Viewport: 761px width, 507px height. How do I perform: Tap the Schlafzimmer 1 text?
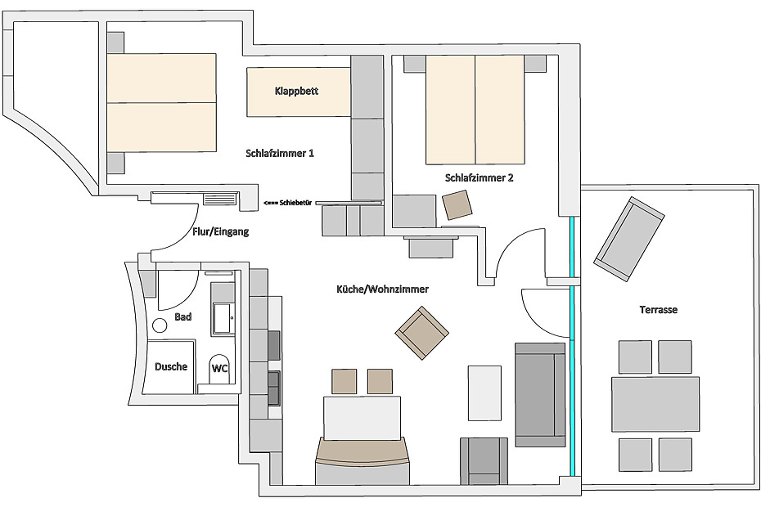coord(280,153)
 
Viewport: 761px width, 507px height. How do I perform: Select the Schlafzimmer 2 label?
coord(479,177)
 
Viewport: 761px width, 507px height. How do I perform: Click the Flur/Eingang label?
coord(220,232)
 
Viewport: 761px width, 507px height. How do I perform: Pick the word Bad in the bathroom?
coord(183,316)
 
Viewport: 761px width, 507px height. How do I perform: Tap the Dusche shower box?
coord(171,367)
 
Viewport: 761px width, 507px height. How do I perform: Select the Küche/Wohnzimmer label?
coord(383,289)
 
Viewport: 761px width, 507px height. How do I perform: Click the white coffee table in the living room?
coord(484,393)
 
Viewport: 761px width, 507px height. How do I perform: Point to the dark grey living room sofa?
coord(539,394)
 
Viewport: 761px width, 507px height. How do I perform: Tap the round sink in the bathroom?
coord(160,325)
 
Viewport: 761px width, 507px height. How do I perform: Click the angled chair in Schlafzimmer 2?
coord(457,204)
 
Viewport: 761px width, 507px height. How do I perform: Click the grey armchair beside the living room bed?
coord(484,461)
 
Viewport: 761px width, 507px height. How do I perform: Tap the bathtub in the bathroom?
coord(223,317)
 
